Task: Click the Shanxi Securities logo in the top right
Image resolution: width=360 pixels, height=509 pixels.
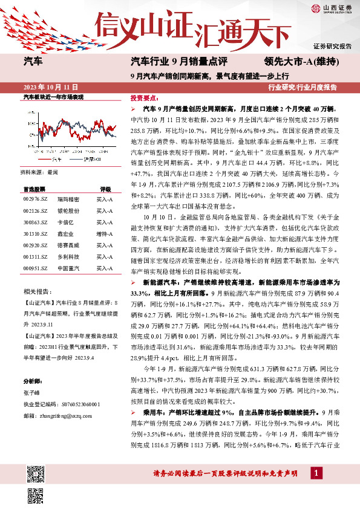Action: [x=331, y=8]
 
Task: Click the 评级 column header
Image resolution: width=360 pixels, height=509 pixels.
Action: [x=105, y=188]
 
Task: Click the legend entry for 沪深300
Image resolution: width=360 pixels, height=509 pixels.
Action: [x=91, y=159]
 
